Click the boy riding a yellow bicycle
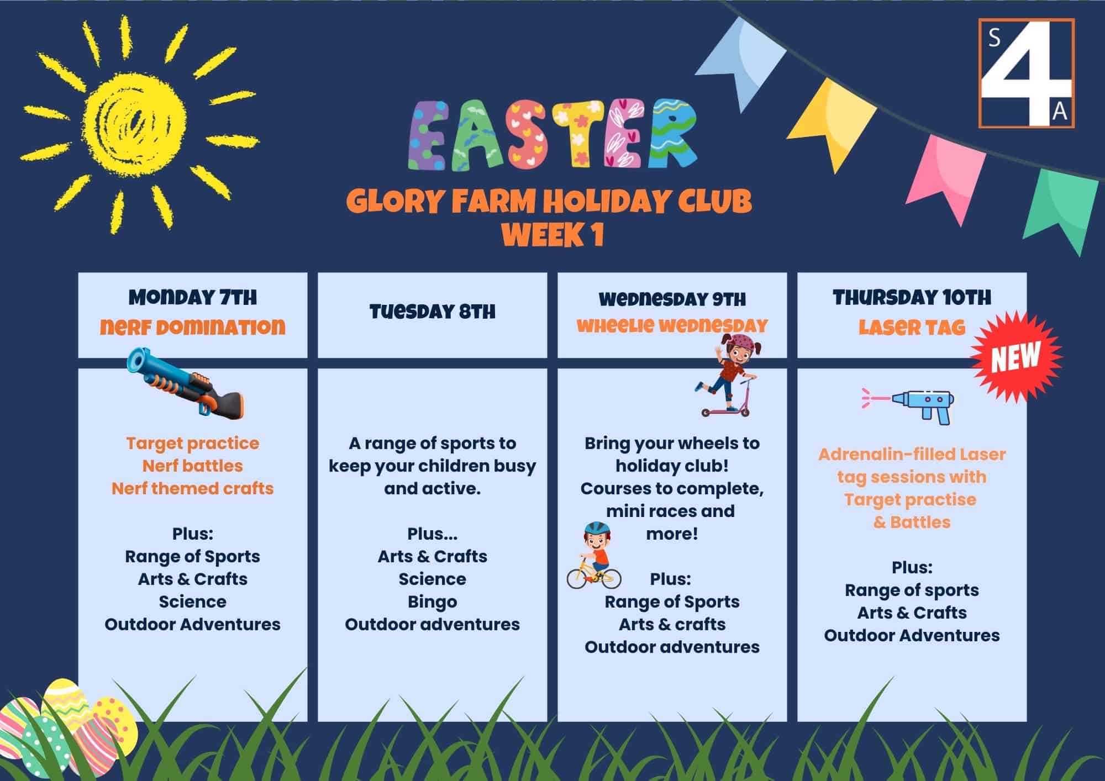(x=594, y=555)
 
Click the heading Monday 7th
(x=193, y=298)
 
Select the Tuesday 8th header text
(x=432, y=312)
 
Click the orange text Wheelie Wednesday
(x=672, y=326)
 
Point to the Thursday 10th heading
(x=912, y=298)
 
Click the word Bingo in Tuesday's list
(x=432, y=602)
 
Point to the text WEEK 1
(x=552, y=235)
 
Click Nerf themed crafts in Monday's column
(x=193, y=488)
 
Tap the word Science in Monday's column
(x=193, y=601)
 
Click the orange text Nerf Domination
(x=193, y=327)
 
